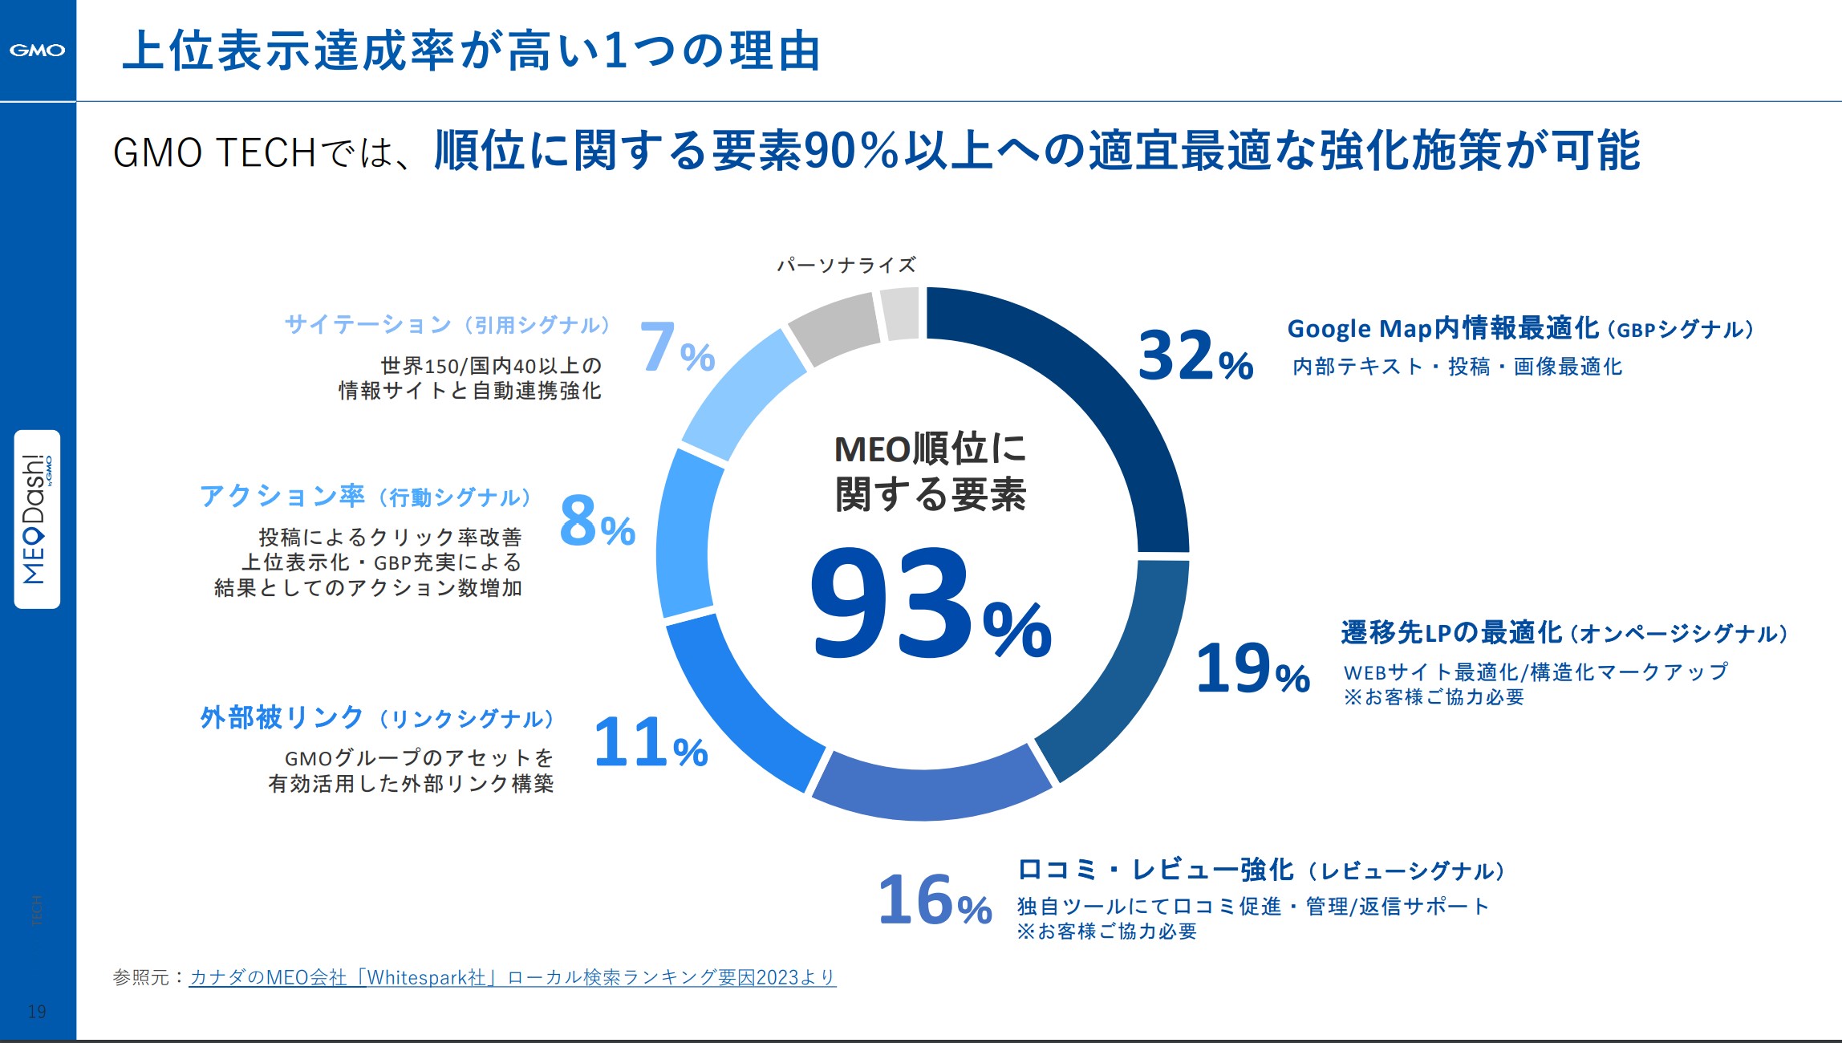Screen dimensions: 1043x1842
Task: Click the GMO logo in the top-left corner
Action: click(x=37, y=50)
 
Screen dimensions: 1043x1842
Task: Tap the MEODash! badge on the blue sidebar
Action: click(x=37, y=519)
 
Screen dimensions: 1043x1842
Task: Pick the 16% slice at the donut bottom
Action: click(x=931, y=786)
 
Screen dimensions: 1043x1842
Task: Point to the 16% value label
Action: click(x=935, y=900)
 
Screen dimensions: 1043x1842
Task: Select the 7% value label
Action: click(x=676, y=348)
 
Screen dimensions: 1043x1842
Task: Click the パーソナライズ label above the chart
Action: click(x=846, y=265)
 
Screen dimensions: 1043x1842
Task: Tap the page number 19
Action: click(x=37, y=1011)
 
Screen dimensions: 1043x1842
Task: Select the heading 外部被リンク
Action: click(x=282, y=717)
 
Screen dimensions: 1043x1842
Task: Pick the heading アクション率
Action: click(x=282, y=496)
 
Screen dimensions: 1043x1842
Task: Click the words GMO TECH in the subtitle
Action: click(x=214, y=152)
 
